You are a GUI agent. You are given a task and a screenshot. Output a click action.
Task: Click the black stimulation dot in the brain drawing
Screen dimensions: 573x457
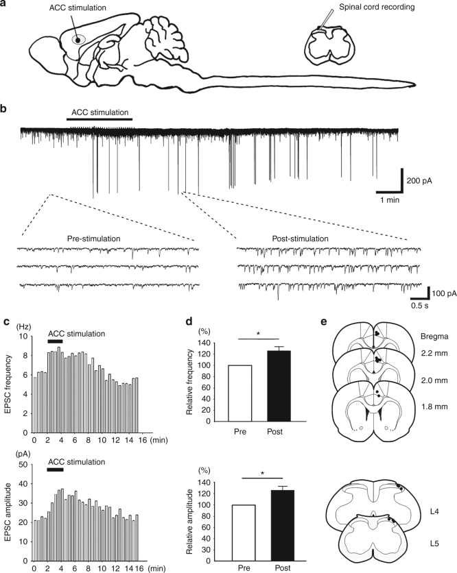click(78, 40)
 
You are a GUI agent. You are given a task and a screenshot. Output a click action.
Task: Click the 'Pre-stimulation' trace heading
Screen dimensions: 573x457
click(93, 239)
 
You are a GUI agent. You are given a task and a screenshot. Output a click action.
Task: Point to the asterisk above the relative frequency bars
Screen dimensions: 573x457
click(258, 334)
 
